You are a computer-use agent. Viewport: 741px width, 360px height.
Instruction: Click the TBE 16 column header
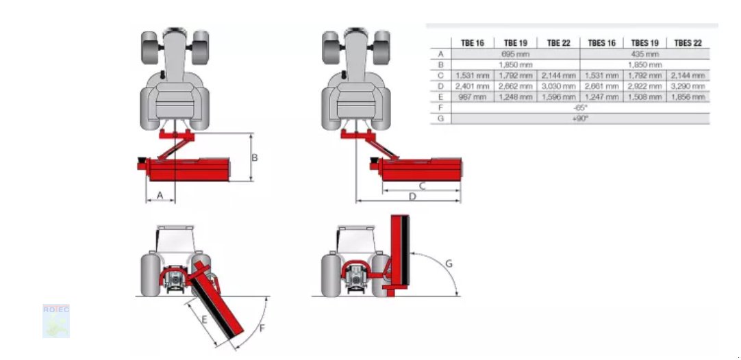[x=473, y=43]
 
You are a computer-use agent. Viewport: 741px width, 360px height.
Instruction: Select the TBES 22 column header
[x=688, y=43]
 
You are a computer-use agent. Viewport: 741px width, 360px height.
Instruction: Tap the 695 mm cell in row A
[x=516, y=54]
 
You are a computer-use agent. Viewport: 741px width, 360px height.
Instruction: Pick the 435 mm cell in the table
[x=644, y=54]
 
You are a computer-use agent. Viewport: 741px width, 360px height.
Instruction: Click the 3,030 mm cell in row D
[x=559, y=86]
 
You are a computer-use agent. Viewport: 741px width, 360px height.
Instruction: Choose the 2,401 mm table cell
[x=473, y=86]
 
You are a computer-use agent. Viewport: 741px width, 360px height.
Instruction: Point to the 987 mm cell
[x=473, y=97]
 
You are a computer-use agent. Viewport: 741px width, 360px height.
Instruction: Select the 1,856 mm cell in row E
[x=688, y=97]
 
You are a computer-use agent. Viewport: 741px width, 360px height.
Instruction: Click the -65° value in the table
[x=580, y=107]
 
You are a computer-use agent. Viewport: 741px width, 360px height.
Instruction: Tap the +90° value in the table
[x=580, y=118]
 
